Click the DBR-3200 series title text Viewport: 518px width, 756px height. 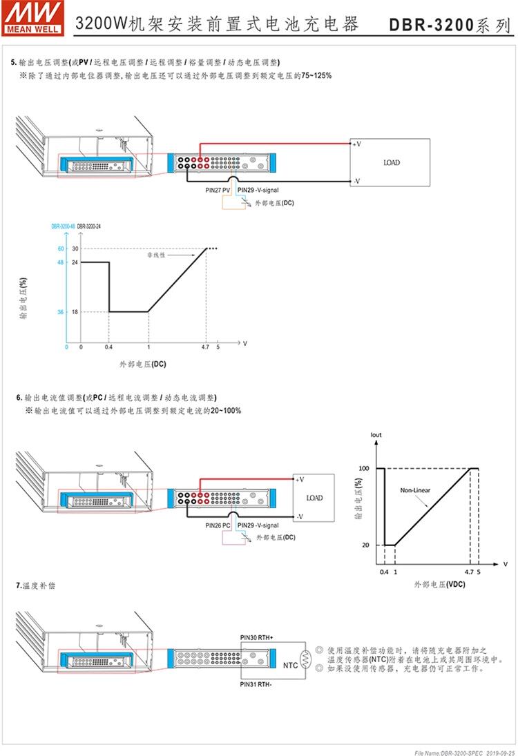point(449,26)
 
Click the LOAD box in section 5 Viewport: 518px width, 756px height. point(391,163)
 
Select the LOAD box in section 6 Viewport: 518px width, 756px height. point(314,498)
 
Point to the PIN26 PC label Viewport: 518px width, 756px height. point(218,525)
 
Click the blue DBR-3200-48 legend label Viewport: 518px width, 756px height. point(63,226)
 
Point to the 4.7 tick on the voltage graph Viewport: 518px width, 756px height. point(206,347)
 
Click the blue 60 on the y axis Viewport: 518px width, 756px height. point(61,249)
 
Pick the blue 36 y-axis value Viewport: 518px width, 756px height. point(61,312)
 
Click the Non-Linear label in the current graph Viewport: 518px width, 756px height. point(415,490)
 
